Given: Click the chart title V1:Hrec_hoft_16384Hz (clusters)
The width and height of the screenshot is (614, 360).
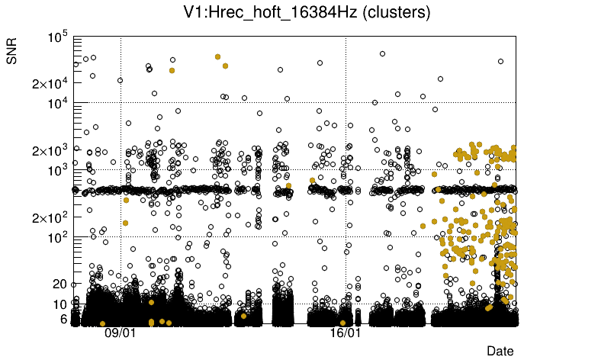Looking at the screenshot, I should point(307,13).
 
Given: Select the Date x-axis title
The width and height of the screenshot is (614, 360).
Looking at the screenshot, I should point(500,350).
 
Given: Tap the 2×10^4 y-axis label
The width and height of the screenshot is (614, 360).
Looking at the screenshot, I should point(49,82).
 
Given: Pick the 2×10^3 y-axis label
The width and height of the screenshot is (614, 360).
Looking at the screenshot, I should point(49,150).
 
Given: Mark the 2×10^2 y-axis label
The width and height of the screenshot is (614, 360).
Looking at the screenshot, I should point(49,217).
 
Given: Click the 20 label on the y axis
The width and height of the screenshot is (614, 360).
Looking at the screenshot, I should point(60,284).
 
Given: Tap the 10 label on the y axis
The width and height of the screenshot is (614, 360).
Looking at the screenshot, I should point(60,304).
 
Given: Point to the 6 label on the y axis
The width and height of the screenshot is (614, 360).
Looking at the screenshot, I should point(63,319).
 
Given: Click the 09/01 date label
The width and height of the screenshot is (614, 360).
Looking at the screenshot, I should point(120,333).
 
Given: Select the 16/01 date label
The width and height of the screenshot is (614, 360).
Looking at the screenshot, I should point(346,333).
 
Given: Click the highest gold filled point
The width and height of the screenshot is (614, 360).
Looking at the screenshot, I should point(218,56).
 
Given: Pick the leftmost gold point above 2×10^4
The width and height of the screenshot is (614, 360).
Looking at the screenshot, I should point(172,70).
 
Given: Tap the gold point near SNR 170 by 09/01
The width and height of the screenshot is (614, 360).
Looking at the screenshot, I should point(125,223).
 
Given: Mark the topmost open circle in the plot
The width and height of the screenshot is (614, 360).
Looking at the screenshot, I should point(382,53).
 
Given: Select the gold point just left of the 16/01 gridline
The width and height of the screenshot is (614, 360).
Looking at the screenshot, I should point(342,322).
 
